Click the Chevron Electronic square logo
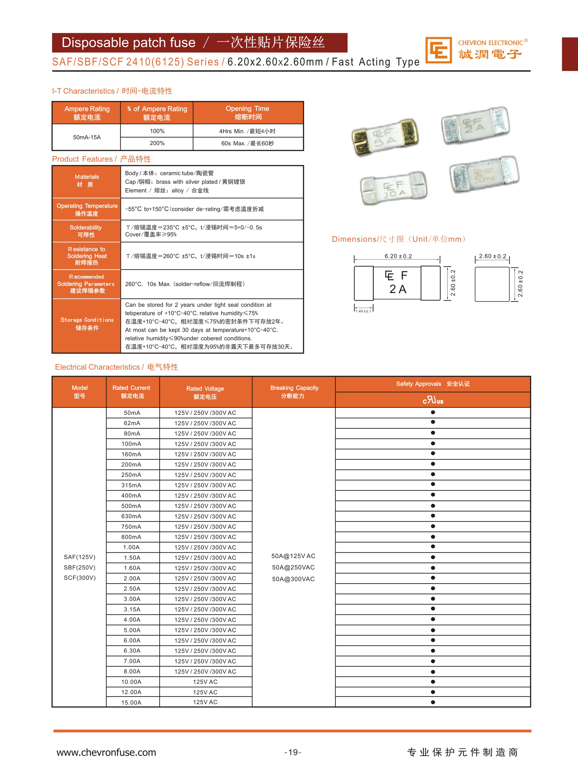click(438, 50)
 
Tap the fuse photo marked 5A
click(385, 137)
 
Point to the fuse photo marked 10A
click(394, 188)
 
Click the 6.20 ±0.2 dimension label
click(398, 256)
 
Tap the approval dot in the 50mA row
click(433, 412)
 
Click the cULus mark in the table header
click(433, 400)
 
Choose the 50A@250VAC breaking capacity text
click(293, 567)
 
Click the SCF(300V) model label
click(80, 578)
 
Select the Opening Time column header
click(248, 112)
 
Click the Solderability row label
click(86, 231)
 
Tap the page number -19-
click(293, 752)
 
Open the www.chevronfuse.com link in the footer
click(106, 752)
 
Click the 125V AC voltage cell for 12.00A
click(205, 692)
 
